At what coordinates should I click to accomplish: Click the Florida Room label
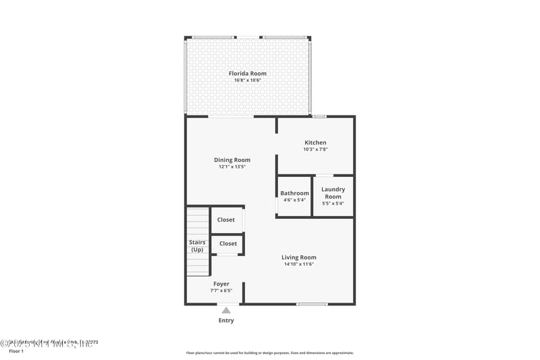(x=247, y=74)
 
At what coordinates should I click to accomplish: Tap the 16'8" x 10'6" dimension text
(x=247, y=80)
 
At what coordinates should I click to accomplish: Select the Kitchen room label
(x=315, y=143)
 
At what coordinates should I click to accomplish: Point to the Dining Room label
(x=232, y=160)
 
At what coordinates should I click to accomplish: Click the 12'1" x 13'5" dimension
(x=232, y=167)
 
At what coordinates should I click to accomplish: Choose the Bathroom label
(x=294, y=193)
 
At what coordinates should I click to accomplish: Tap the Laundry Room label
(x=333, y=193)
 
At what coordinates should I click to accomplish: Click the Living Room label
(x=298, y=257)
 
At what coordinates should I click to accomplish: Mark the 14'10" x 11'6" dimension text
(x=298, y=264)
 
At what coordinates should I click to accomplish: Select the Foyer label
(x=221, y=284)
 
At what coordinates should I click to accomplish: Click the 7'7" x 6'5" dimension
(x=221, y=290)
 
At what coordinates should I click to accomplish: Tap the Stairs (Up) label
(x=197, y=246)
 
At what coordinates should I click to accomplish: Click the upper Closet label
(x=226, y=220)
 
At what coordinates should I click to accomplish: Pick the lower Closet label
(x=228, y=243)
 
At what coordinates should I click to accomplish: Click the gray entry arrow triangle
(x=226, y=310)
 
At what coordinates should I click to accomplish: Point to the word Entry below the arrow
(x=226, y=320)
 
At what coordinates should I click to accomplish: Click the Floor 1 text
(x=16, y=351)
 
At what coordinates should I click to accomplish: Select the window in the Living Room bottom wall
(x=312, y=304)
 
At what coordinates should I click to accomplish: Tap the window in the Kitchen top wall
(x=319, y=116)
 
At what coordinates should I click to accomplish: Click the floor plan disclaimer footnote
(x=269, y=353)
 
